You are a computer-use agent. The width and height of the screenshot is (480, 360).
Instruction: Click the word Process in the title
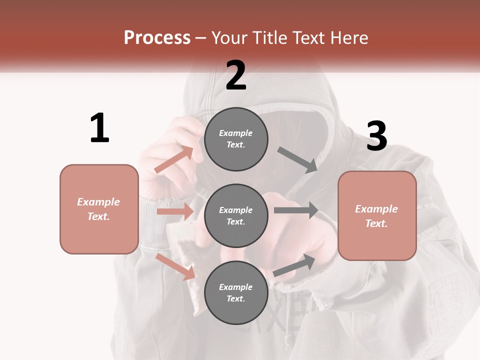click(x=157, y=38)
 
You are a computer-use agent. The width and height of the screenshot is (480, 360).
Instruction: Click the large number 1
click(x=99, y=128)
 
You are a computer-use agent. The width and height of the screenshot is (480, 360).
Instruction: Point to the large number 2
click(x=236, y=75)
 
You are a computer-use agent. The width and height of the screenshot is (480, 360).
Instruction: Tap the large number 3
click(x=376, y=136)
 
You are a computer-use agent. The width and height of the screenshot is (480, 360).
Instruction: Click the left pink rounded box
click(x=99, y=209)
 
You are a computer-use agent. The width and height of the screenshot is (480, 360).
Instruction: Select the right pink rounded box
click(x=377, y=216)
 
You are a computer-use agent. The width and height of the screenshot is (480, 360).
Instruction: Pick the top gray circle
click(x=236, y=139)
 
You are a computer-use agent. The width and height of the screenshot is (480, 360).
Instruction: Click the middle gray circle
click(x=236, y=216)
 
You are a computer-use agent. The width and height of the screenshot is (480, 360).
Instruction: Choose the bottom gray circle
click(x=236, y=293)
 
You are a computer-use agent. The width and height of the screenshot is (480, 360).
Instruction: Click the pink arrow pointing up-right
click(x=174, y=160)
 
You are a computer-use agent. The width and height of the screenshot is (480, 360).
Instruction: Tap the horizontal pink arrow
click(x=175, y=211)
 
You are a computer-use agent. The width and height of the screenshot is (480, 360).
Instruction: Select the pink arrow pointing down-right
click(x=175, y=266)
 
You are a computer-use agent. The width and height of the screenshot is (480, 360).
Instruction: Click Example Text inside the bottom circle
click(x=236, y=293)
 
